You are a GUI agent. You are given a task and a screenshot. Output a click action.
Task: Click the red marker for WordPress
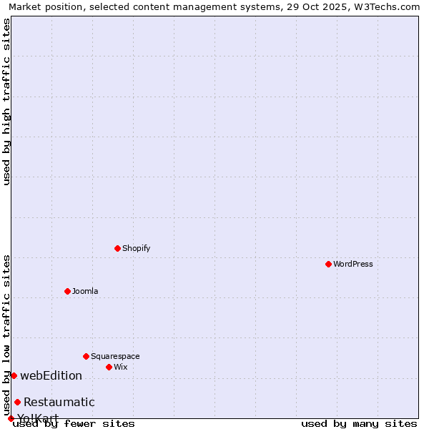pos(328,264)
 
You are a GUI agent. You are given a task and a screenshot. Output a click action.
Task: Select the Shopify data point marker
pos(117,248)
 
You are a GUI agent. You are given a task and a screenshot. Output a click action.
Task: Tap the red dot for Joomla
pos(67,291)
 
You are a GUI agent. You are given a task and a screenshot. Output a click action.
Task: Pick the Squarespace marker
pos(86,356)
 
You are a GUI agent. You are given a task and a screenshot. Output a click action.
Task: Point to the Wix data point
pos(109,367)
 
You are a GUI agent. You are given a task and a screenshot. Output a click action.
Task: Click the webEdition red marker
pos(14,375)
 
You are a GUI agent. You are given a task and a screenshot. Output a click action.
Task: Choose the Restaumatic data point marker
pos(17,402)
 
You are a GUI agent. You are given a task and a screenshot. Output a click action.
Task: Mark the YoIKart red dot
pos(11,418)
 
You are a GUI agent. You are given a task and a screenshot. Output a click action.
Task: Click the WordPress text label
pos(353,264)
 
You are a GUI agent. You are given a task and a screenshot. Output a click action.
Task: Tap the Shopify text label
pos(136,248)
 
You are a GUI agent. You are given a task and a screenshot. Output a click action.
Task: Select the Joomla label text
pos(85,291)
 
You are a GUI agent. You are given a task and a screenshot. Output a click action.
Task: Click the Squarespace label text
pos(115,356)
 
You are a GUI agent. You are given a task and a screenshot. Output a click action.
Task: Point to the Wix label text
pos(120,367)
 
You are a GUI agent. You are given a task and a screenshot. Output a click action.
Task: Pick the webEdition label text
pos(51,375)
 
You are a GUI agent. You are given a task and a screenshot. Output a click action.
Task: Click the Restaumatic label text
pos(59,402)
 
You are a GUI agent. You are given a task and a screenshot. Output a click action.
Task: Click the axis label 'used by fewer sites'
pos(74,423)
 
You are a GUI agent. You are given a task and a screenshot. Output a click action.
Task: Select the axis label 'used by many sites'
pos(359,423)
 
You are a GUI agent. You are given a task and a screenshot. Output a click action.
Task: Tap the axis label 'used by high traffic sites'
pos(7,102)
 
